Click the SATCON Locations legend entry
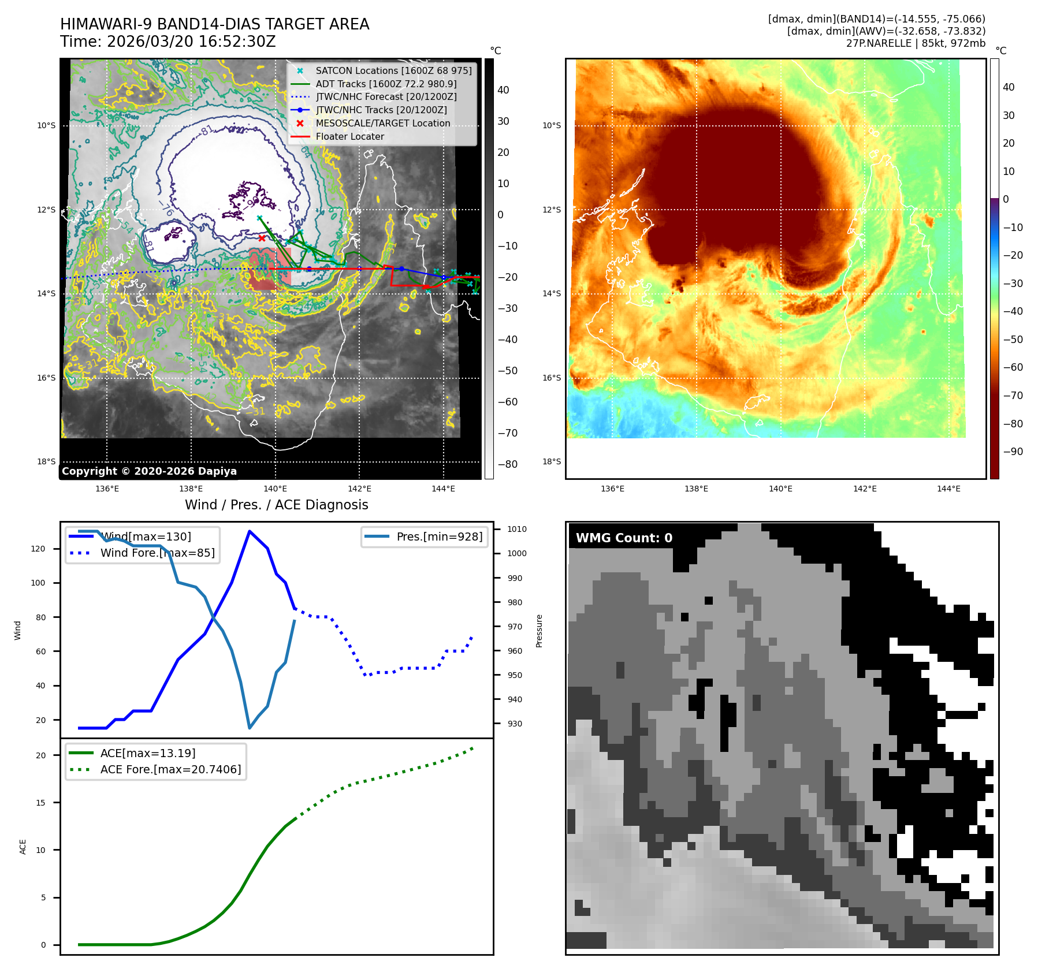393,70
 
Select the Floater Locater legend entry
349,136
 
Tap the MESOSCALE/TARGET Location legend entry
382,123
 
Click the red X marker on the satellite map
262,238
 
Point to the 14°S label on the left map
46,293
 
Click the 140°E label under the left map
275,489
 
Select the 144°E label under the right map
948,489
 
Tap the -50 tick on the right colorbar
1013,339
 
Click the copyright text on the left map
149,471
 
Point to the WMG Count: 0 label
624,538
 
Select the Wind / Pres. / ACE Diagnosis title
276,505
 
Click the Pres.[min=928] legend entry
439,537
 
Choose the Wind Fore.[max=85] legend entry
157,553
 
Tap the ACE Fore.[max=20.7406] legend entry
170,769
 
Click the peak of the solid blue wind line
249,531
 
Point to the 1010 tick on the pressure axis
516,529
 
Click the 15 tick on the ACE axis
40,802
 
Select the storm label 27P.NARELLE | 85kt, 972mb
916,43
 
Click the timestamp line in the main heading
168,42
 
